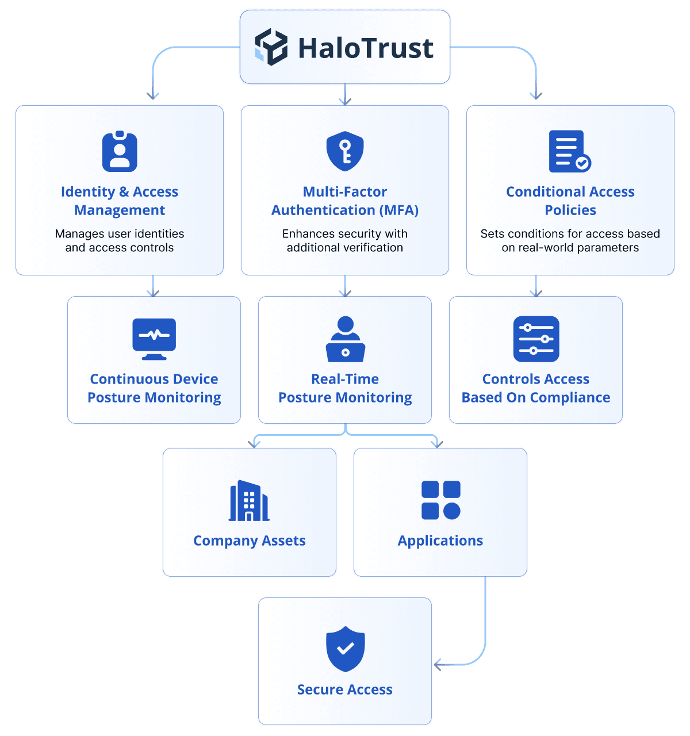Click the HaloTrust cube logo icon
271,47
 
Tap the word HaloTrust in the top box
366,48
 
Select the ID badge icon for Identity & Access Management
120,152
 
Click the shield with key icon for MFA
345,151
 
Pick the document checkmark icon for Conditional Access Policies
569,151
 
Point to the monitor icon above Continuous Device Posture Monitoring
154,339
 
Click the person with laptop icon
345,339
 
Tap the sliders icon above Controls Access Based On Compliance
536,339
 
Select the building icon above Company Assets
249,501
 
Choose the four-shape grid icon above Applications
440,500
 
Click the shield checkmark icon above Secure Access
345,649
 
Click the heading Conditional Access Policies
570,201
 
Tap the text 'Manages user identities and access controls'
120,241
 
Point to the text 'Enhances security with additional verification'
345,241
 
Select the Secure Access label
345,689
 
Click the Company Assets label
250,540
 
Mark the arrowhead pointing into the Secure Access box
437,665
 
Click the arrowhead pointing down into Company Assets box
254,444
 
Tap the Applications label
440,540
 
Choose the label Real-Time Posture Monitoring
345,388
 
